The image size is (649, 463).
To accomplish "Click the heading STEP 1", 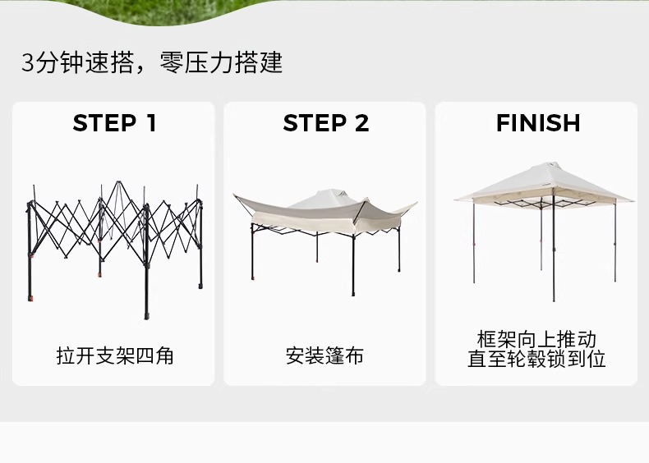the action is point(114,123).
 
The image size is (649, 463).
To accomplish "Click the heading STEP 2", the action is point(325,123).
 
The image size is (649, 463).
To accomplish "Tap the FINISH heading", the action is point(538,123).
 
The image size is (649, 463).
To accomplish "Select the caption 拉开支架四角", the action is point(114,355).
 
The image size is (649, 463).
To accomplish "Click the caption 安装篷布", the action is point(325,355).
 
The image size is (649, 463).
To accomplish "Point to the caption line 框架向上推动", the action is point(537,339).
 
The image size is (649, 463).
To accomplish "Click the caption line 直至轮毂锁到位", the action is point(537,359).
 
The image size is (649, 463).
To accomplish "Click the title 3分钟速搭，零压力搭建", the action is point(152,63).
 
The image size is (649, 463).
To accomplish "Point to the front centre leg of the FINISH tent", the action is point(553,254).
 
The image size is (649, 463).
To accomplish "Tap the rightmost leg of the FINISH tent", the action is point(614,242).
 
